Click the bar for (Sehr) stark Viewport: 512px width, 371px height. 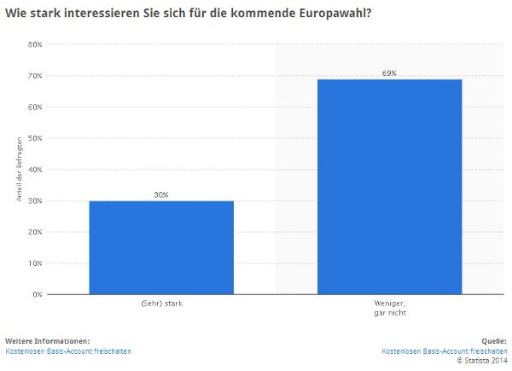[161, 247]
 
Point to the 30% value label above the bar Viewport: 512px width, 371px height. [161, 194]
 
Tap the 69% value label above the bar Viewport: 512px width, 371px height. [390, 73]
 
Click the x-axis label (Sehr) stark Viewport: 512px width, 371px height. [161, 304]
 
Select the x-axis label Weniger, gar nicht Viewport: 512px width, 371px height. [390, 308]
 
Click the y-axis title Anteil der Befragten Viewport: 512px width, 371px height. [19, 170]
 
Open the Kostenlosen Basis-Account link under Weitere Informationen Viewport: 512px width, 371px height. [68, 351]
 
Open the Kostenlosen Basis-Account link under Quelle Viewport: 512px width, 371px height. [444, 351]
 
